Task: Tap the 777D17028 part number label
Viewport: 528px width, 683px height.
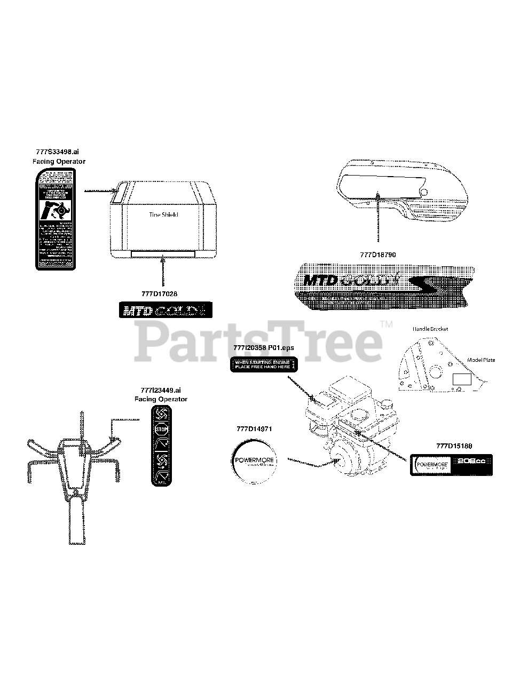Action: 160,294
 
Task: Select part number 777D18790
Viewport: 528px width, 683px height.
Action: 378,255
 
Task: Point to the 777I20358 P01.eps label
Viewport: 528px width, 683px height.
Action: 264,348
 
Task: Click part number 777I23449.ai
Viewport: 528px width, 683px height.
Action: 161,390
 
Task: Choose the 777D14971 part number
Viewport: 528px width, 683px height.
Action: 255,428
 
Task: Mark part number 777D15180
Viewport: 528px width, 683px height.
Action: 454,446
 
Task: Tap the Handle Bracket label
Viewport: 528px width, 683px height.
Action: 430,329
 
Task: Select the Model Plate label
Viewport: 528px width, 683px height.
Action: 481,360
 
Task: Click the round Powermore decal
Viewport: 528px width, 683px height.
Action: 255,462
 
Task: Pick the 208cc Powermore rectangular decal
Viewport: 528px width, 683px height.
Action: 451,465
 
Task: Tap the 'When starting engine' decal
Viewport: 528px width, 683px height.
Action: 264,364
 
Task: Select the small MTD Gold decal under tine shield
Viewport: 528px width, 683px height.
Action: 165,310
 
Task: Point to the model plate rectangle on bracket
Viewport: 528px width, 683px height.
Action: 462,379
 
